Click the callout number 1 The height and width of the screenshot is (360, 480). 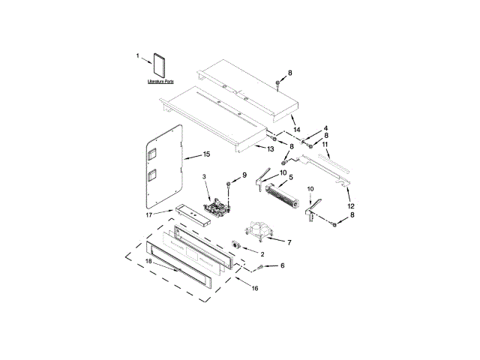click(x=138, y=55)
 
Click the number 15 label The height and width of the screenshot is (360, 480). click(x=206, y=155)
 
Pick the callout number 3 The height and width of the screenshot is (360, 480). click(x=203, y=177)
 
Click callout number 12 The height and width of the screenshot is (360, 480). click(x=351, y=205)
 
